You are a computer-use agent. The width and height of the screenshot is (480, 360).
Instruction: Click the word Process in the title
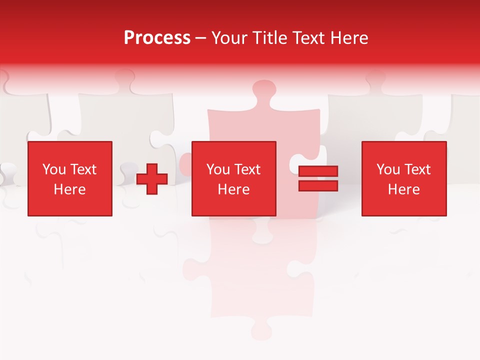157,38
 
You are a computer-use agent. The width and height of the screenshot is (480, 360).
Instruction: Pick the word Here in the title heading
350,38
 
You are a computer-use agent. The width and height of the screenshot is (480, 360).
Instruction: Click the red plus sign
152,179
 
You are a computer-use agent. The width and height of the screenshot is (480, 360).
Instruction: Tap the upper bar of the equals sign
318,171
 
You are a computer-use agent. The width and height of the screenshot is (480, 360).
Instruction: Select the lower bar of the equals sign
318,186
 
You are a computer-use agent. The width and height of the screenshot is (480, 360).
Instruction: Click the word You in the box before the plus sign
53,169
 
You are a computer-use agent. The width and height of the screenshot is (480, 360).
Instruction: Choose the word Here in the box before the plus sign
69,189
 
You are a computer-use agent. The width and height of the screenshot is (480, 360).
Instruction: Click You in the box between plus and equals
217,169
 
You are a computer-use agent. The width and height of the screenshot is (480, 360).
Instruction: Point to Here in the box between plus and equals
233,189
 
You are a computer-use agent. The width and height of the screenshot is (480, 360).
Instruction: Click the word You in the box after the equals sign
387,169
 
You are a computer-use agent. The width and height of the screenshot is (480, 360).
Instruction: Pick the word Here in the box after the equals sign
403,189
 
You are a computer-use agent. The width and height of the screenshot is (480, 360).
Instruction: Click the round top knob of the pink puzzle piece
264,91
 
